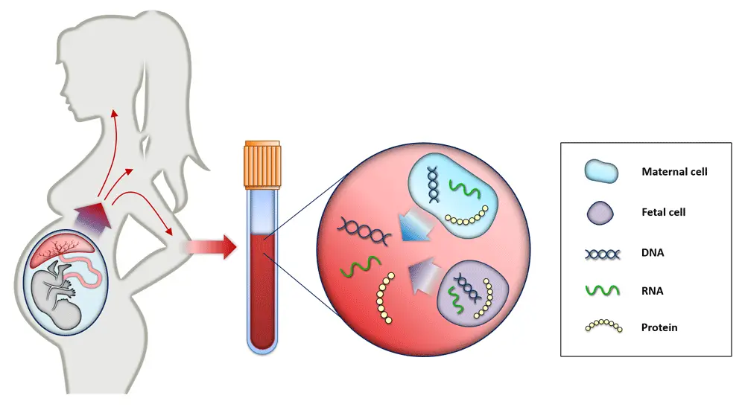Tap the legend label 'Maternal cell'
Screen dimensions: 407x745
[674, 172]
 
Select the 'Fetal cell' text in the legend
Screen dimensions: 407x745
[663, 212]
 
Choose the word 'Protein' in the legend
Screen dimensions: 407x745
[659, 327]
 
